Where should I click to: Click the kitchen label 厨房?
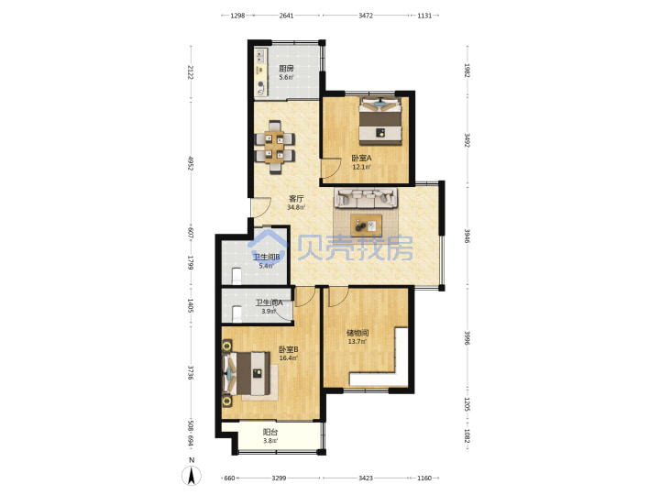point(287,68)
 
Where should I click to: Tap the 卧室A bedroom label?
point(362,159)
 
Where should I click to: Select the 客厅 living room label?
point(296,199)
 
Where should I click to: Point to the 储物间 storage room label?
point(357,333)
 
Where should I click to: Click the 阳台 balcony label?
point(270,433)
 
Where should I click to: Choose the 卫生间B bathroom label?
point(267,258)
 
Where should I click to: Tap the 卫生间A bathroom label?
point(269,302)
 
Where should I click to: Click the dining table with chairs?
point(275,147)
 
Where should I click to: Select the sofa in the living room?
point(366,198)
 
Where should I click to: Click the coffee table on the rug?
point(367,225)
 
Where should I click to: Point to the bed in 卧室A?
point(380,121)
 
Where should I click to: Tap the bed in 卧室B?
point(247,373)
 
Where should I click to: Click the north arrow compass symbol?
point(192,476)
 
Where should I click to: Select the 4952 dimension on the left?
point(191,164)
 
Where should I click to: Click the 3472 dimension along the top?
point(366,16)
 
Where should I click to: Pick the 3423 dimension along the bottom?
point(366,478)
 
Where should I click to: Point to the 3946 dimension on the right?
point(467,236)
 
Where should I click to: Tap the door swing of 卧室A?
point(331,169)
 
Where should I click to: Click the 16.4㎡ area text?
point(289,358)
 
